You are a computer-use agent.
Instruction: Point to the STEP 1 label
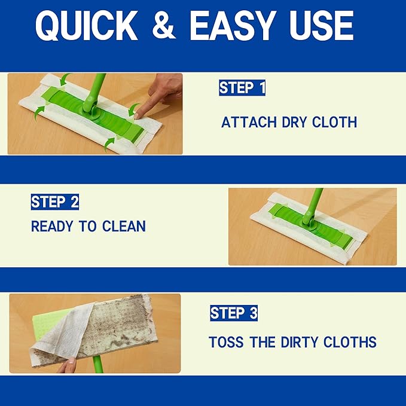(242, 88)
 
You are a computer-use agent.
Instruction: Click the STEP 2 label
(55, 202)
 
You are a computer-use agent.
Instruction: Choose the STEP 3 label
(234, 313)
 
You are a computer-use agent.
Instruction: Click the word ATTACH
(246, 123)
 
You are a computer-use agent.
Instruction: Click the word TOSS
(226, 343)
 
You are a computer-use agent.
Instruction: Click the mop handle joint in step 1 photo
(92, 107)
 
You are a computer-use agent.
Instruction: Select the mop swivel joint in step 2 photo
(309, 220)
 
